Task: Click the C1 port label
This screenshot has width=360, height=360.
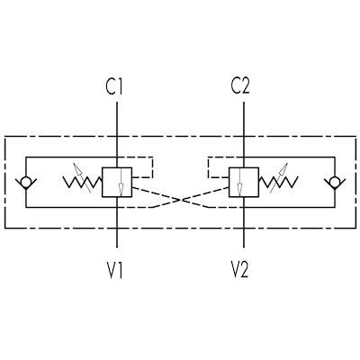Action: coord(114,86)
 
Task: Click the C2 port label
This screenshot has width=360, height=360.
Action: coord(240,86)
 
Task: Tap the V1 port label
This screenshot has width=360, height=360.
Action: coord(114,271)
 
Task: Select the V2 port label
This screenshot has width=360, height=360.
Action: coord(239,269)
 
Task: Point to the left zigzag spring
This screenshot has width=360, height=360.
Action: coord(83,183)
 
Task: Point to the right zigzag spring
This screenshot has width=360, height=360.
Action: coord(278,183)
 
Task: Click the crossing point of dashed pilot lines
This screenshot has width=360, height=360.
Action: coord(180,200)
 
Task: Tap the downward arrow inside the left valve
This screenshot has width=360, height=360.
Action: coord(121,183)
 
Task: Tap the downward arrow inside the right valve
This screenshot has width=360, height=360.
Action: coord(239,183)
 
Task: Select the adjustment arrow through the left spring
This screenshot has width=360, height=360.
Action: coord(82,178)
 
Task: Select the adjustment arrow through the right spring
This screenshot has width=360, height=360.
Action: coord(279,178)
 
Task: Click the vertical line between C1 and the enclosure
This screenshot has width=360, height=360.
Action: coord(117,120)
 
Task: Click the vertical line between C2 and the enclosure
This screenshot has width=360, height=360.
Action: coord(244,120)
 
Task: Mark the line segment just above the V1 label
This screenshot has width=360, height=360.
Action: coord(117,238)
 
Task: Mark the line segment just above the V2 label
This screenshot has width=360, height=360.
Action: coord(244,238)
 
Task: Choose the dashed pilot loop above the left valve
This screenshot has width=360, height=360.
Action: coord(153,167)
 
